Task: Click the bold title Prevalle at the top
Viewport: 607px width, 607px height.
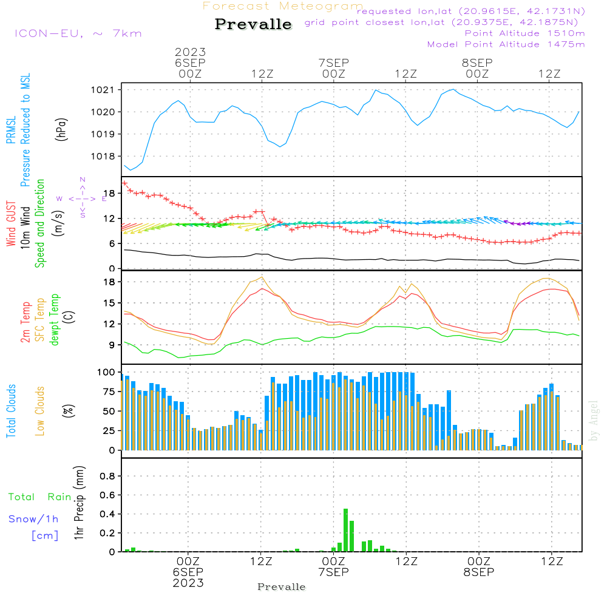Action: pyautogui.click(x=253, y=24)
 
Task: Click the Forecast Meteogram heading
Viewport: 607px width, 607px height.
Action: pyautogui.click(x=283, y=6)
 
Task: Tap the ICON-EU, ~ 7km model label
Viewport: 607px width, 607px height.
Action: pyautogui.click(x=78, y=33)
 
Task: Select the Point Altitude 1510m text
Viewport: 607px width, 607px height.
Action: pyautogui.click(x=524, y=33)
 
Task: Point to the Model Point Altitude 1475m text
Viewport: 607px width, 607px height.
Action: pyautogui.click(x=506, y=44)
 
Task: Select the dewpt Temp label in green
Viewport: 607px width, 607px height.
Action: pyautogui.click(x=54, y=320)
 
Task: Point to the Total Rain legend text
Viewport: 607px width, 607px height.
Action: pyautogui.click(x=40, y=497)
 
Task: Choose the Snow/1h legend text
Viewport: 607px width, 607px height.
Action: pyautogui.click(x=34, y=519)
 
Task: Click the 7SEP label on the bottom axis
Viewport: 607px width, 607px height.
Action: pyautogui.click(x=333, y=572)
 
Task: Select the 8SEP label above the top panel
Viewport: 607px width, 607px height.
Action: pyautogui.click(x=477, y=63)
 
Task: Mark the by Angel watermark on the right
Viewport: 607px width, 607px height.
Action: pyautogui.click(x=594, y=421)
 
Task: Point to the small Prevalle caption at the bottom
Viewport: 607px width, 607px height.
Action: pyautogui.click(x=282, y=587)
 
